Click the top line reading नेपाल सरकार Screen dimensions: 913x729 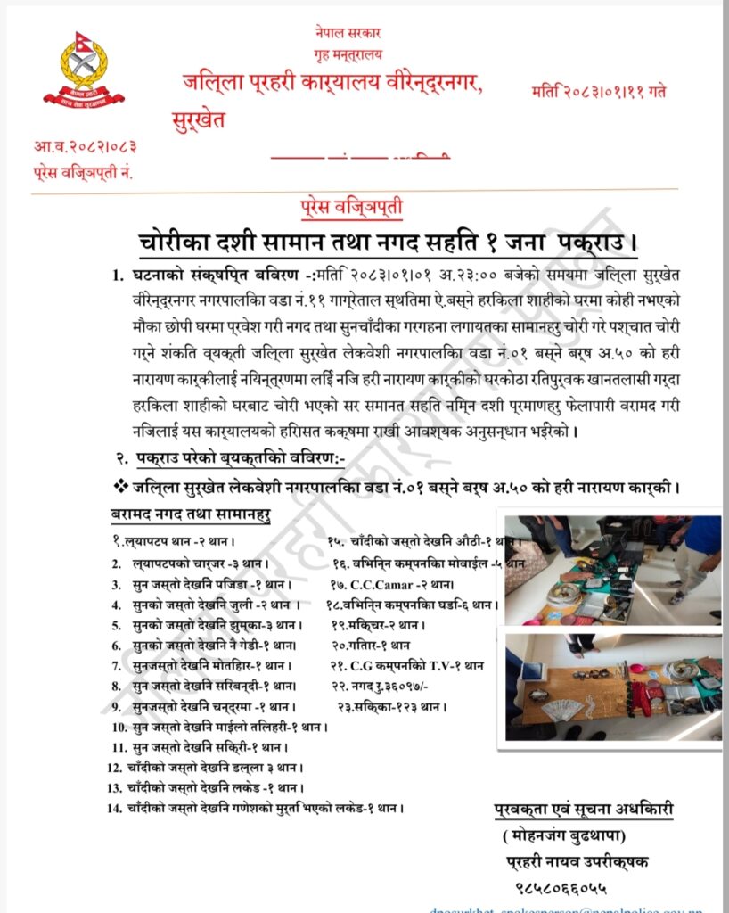click(x=348, y=33)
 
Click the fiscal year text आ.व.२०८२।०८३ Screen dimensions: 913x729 click(x=86, y=146)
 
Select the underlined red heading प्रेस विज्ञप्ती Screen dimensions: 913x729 click(x=351, y=210)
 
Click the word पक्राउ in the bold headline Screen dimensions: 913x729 click(x=594, y=242)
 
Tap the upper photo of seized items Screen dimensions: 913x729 click(x=613, y=569)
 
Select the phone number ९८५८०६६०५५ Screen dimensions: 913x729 click(x=561, y=888)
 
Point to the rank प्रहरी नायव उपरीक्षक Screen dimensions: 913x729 click(x=575, y=861)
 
